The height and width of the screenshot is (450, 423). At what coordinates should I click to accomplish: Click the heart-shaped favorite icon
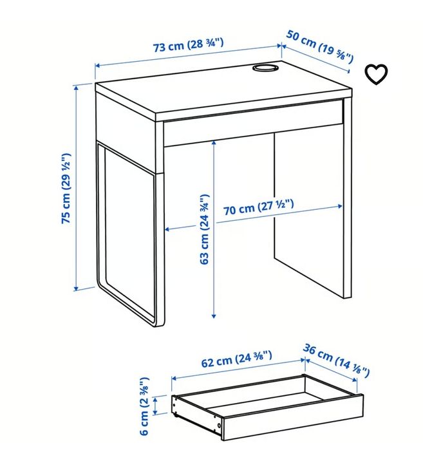(x=377, y=74)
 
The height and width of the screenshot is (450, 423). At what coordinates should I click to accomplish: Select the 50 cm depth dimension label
(x=320, y=48)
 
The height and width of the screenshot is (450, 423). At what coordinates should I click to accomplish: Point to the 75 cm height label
(x=66, y=189)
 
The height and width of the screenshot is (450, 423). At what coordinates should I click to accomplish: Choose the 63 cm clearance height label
(x=205, y=229)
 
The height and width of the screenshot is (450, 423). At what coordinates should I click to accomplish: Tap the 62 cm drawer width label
(x=236, y=359)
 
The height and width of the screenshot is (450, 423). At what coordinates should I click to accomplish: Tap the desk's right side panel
(x=347, y=200)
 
